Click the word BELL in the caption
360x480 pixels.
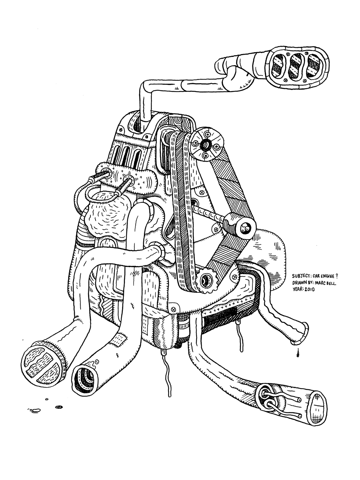[333, 283]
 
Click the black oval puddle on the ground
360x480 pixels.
[58, 408]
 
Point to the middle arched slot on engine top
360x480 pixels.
[129, 155]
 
